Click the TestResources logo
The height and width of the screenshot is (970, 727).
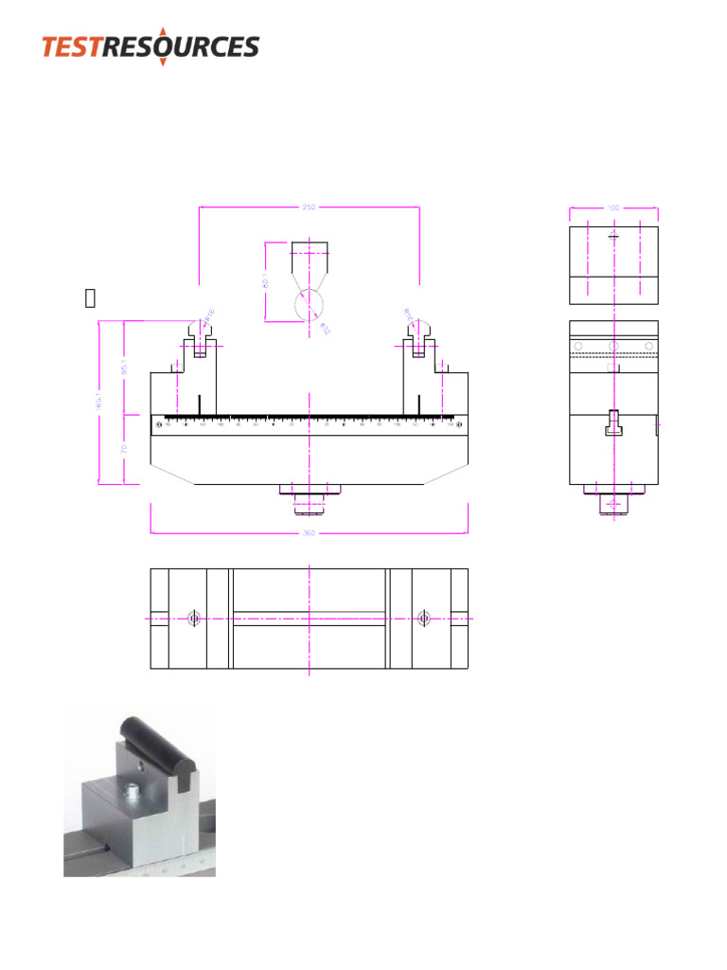(x=150, y=45)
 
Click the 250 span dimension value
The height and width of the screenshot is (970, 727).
(x=309, y=207)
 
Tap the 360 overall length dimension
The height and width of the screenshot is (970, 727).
(x=309, y=532)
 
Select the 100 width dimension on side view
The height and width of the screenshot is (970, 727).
(x=613, y=207)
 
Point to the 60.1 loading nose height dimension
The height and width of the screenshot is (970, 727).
(x=266, y=281)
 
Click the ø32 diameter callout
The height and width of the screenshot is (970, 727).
(x=324, y=328)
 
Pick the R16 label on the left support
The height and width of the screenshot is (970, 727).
(x=209, y=314)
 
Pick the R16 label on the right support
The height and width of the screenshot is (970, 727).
(x=409, y=314)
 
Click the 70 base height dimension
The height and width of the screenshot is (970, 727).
(x=125, y=448)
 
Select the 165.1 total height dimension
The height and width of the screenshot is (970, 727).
(x=99, y=402)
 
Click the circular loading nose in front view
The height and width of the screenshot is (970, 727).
(x=309, y=305)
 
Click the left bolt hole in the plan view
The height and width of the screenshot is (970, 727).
(x=194, y=619)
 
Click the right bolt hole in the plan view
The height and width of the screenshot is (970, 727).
(x=423, y=619)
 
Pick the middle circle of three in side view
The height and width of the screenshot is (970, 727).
(x=613, y=346)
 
